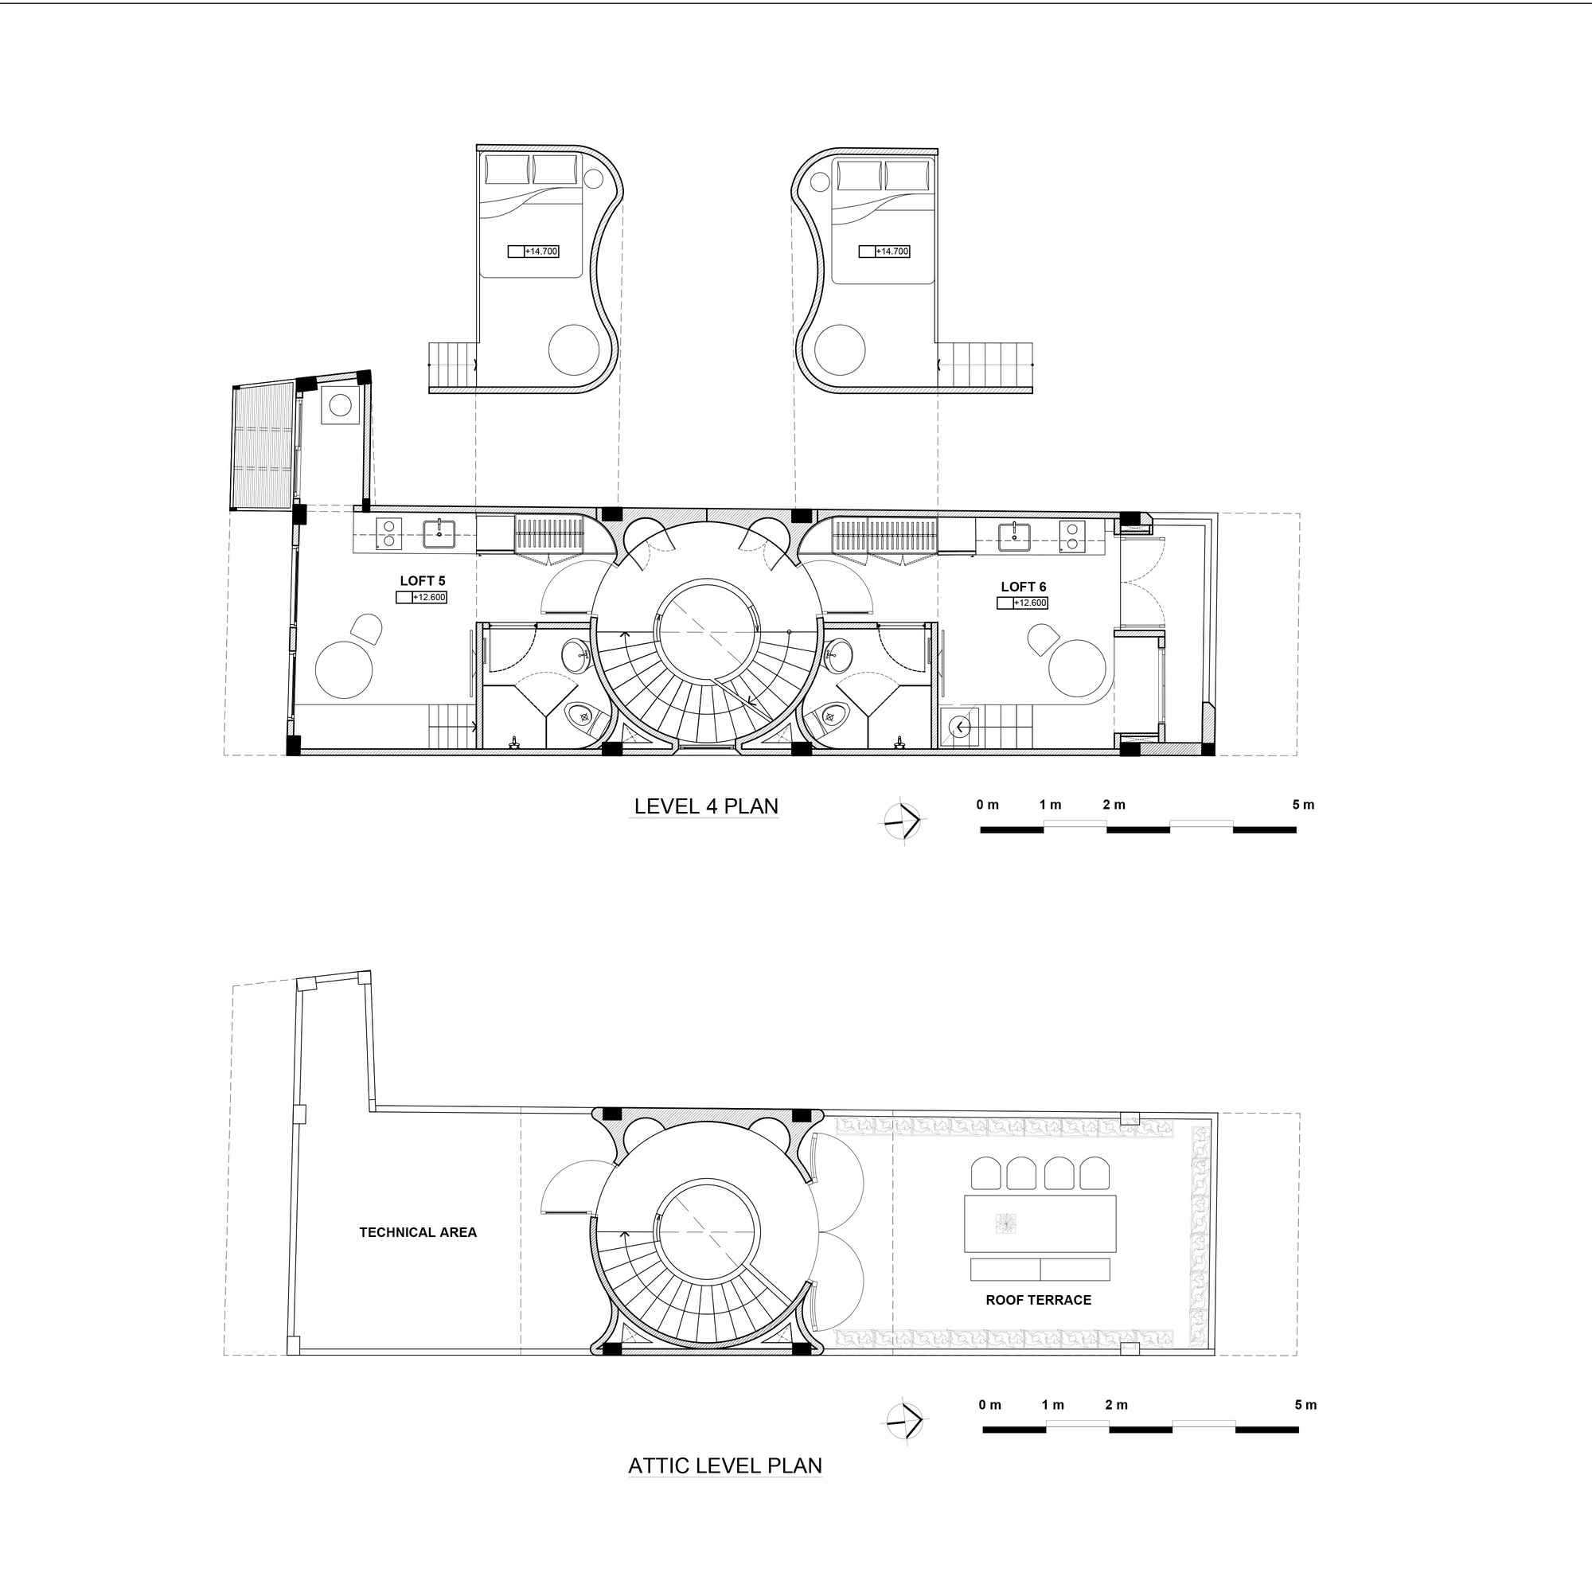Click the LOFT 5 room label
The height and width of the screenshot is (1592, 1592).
(422, 581)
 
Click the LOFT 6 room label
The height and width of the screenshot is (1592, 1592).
(1024, 587)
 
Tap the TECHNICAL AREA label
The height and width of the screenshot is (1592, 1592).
(418, 1233)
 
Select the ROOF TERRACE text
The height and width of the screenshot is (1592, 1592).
(1038, 1301)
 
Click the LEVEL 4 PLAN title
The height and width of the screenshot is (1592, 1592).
(706, 806)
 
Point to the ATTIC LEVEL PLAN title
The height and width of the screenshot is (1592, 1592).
(725, 1466)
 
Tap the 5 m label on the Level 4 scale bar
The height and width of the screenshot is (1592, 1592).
(1304, 804)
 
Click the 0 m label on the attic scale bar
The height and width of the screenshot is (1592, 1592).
(989, 1405)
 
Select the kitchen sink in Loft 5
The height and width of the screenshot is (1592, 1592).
(440, 534)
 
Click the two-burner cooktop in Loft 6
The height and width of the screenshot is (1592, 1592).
(1071, 536)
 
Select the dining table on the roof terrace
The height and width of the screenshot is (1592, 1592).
(1040, 1223)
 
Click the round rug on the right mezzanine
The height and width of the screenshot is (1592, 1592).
(841, 349)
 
